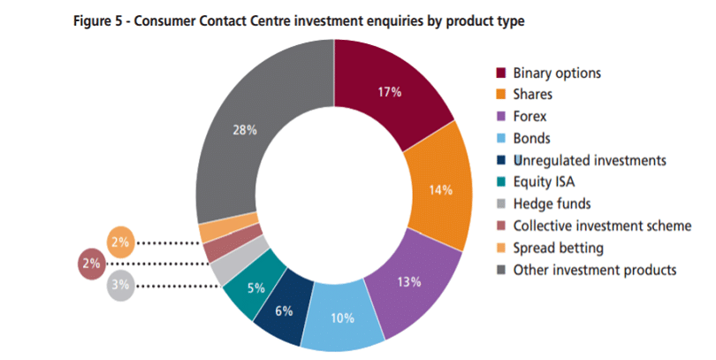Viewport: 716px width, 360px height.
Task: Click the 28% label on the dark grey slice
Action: tap(245, 130)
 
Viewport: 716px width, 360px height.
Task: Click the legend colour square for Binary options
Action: tap(501, 73)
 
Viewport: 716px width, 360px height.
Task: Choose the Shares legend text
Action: tap(533, 95)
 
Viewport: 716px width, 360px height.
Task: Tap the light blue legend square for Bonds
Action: tap(501, 138)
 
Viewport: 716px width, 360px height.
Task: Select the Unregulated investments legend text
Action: tap(590, 160)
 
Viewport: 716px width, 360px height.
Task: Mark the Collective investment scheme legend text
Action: tap(602, 226)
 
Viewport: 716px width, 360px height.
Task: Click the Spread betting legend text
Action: tap(557, 248)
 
